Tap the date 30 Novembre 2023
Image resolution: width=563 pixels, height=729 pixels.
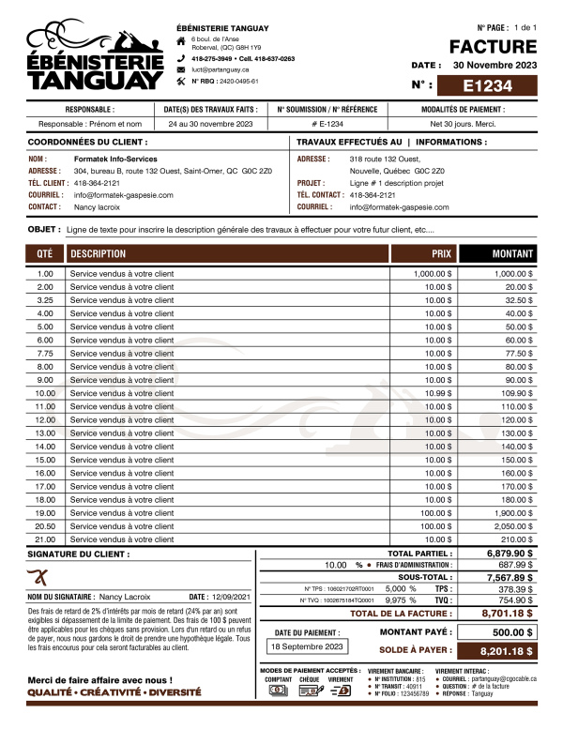[x=495, y=66]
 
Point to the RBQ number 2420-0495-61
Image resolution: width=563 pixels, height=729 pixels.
[x=225, y=82]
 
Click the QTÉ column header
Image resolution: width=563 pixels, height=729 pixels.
[x=45, y=253]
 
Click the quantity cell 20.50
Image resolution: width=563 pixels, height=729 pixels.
[x=45, y=526]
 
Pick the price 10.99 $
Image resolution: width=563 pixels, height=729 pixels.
[x=438, y=393]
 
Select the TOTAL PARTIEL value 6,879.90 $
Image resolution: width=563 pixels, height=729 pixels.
[x=510, y=554]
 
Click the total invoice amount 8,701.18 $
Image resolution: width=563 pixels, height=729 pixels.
[x=507, y=613]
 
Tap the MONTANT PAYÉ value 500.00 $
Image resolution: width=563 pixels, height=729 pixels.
[x=512, y=632]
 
